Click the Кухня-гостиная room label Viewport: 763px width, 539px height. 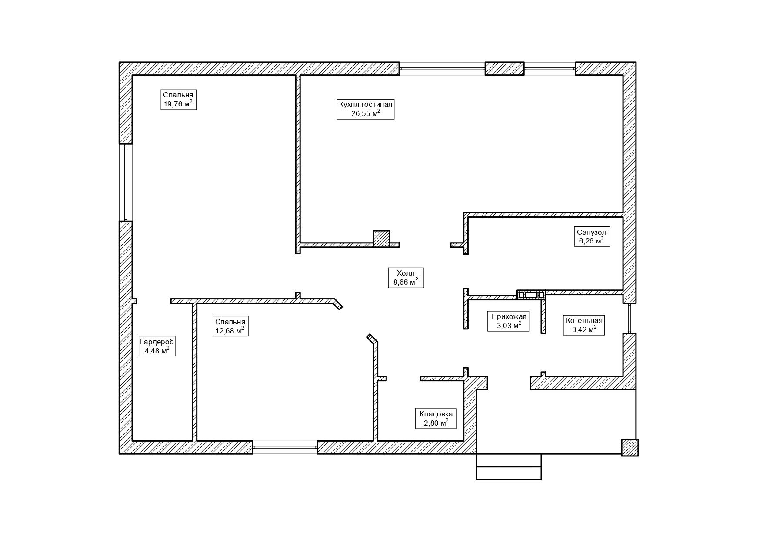click(x=365, y=105)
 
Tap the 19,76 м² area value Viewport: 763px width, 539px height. click(x=178, y=104)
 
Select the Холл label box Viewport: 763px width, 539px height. click(x=406, y=278)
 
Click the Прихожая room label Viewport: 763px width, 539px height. click(x=509, y=316)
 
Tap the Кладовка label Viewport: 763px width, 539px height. click(x=436, y=414)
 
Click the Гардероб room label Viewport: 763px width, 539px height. click(x=157, y=342)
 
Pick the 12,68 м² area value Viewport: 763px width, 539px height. click(x=230, y=331)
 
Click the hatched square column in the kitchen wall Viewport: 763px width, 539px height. click(x=381, y=239)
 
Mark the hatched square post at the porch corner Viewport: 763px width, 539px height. click(x=630, y=448)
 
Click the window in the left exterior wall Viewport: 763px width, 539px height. click(x=126, y=183)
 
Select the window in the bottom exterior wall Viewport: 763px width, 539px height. click(x=285, y=447)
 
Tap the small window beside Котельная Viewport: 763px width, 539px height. click(x=629, y=318)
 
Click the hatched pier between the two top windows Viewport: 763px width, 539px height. click(x=504, y=69)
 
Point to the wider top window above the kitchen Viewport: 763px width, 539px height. click(x=442, y=69)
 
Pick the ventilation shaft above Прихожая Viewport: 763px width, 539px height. click(x=531, y=295)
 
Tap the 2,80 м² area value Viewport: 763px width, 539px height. click(x=436, y=423)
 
